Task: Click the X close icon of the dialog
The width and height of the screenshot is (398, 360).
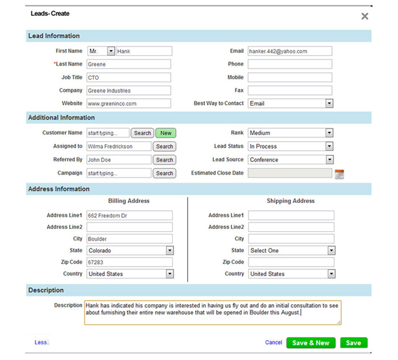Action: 364,16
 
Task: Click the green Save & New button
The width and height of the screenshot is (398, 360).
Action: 310,343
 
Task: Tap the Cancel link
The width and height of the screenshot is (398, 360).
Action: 273,342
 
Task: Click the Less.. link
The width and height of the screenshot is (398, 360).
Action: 42,342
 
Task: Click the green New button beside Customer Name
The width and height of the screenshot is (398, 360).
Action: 165,133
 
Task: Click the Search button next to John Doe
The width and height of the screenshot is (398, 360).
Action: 164,160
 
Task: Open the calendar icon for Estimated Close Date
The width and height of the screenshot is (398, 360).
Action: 339,174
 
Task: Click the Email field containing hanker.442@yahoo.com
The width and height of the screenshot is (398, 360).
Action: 289,51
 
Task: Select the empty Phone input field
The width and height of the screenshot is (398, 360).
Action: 289,64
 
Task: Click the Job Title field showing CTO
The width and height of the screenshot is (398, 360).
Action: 128,77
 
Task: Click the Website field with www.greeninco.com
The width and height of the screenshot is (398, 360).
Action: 128,104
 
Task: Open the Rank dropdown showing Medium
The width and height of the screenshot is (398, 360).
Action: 290,133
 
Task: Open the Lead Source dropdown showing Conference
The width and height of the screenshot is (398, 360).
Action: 290,160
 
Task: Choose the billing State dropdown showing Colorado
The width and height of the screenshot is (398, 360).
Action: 130,250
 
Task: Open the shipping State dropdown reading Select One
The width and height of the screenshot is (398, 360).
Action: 292,250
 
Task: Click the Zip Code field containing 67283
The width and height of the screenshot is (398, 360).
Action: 129,262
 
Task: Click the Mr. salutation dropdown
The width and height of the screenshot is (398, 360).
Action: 101,51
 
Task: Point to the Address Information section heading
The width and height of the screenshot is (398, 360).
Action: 59,189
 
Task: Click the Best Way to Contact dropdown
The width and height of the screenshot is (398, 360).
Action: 290,104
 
